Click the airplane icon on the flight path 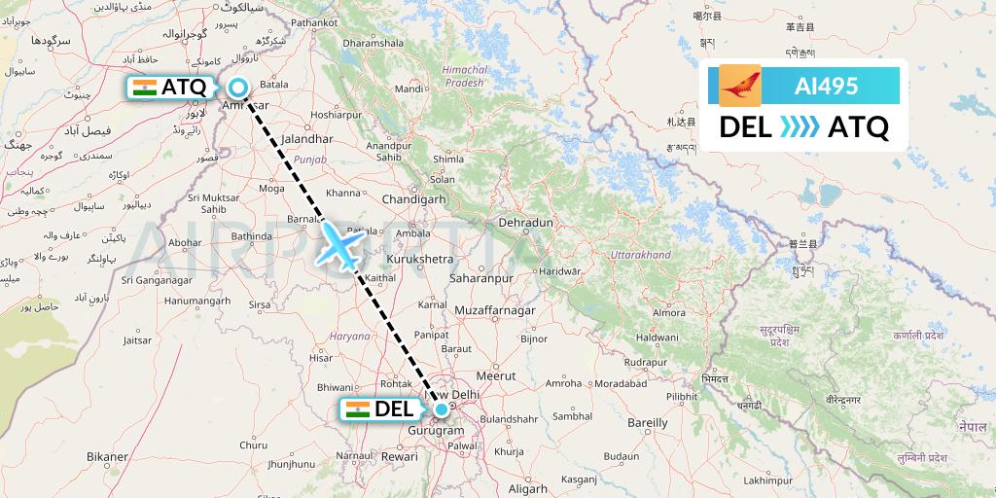(x=340, y=244)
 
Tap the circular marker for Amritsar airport (x=237, y=88)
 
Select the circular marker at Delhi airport (x=442, y=409)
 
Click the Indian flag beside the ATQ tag (x=144, y=88)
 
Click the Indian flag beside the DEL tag (x=357, y=409)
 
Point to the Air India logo (x=740, y=86)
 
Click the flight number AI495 (x=826, y=86)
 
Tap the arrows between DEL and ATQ (x=800, y=127)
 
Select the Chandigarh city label (x=414, y=198)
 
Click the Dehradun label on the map (x=525, y=223)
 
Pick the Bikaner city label (x=107, y=456)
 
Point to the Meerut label (x=501, y=375)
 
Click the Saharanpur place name (x=480, y=278)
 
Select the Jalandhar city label (x=299, y=139)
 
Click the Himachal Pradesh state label (x=463, y=77)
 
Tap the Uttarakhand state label (x=640, y=255)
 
